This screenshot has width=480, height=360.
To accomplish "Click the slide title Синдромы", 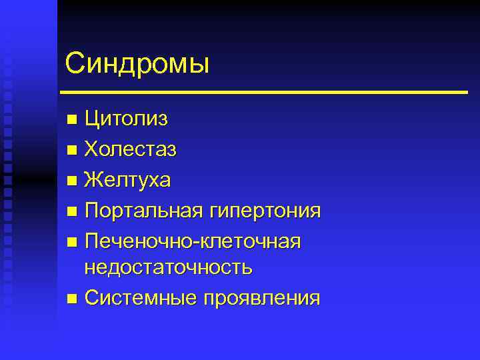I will (x=137, y=64).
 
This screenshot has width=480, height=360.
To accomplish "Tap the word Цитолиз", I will (x=126, y=119).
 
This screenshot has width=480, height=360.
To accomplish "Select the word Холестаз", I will (x=131, y=150).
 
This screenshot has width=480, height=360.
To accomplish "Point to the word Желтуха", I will (x=127, y=180).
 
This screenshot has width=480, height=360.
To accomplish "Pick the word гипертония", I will (x=265, y=211).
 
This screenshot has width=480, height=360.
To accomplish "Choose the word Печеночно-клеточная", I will (x=193, y=241).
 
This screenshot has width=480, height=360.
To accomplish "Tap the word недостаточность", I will (x=168, y=267).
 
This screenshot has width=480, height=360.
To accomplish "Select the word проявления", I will (x=267, y=298).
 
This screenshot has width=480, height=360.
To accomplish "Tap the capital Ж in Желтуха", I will (x=95, y=180).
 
